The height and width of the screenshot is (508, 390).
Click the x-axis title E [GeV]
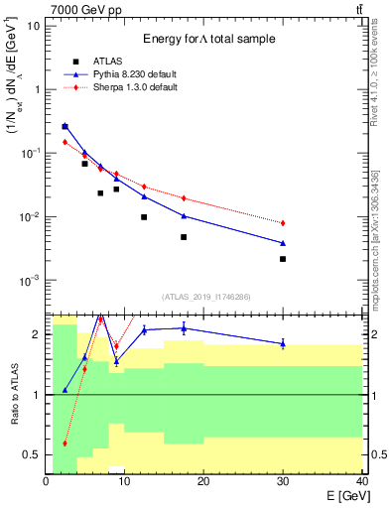(x=338, y=494)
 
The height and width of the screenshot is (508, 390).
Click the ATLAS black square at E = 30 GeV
(x=283, y=259)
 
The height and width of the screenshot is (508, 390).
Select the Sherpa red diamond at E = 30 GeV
(x=283, y=223)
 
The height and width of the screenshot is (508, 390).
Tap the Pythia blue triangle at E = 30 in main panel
(x=283, y=243)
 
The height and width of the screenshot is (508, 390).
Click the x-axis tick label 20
(x=202, y=481)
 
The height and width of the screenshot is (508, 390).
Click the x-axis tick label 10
(x=124, y=481)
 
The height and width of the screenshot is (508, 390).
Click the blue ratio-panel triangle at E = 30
(x=283, y=344)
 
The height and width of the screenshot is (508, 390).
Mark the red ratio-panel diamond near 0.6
(x=65, y=443)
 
